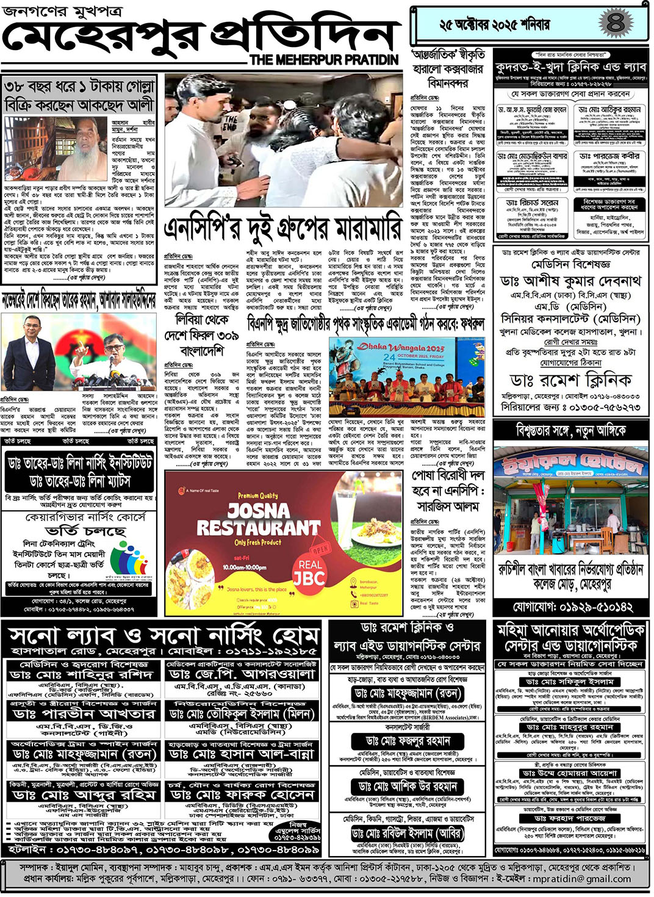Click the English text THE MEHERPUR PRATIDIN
coord(324,60)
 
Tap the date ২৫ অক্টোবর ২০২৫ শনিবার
coord(494,25)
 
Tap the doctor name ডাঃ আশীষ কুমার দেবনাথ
coord(570,281)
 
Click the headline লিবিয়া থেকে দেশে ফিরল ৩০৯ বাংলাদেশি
coord(201,335)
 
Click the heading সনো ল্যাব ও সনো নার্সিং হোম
coord(163,636)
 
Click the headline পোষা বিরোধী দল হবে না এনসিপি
coord(448,490)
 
